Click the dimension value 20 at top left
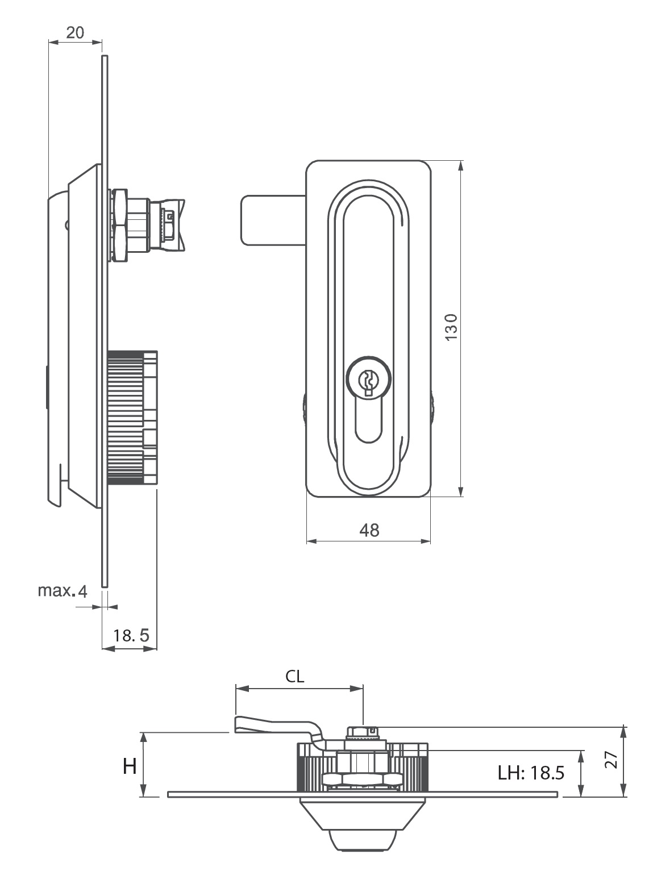[x=75, y=32]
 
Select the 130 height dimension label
[x=451, y=327]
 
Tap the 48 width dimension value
[x=369, y=531]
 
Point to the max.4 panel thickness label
[x=63, y=591]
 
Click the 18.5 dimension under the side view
[x=131, y=636]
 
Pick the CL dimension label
[x=295, y=676]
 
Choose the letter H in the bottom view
[x=130, y=766]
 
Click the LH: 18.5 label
[x=531, y=773]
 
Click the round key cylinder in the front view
[x=368, y=379]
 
